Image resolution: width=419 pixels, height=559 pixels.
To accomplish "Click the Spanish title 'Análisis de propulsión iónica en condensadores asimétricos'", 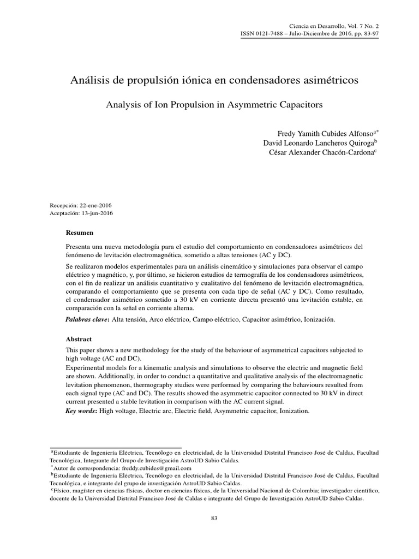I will [x=214, y=80].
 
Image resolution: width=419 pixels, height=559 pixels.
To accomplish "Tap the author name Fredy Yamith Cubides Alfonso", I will [x=325, y=133].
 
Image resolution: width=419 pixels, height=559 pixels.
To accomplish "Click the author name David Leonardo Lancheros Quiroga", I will [x=318, y=142].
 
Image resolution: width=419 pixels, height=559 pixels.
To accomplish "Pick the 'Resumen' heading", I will [x=80, y=233].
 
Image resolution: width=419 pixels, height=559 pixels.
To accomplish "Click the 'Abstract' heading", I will [x=79, y=338].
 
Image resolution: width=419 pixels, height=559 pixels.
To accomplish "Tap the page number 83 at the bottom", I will [x=214, y=518].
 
